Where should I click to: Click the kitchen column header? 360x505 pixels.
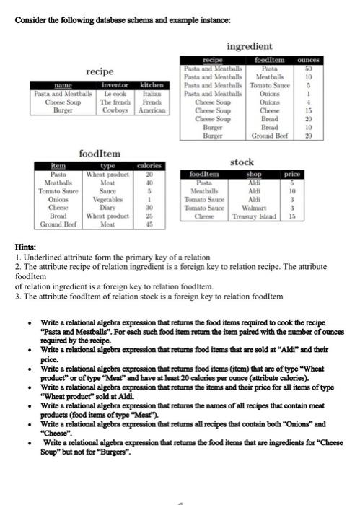[x=149, y=85]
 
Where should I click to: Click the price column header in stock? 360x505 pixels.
[x=291, y=174]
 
